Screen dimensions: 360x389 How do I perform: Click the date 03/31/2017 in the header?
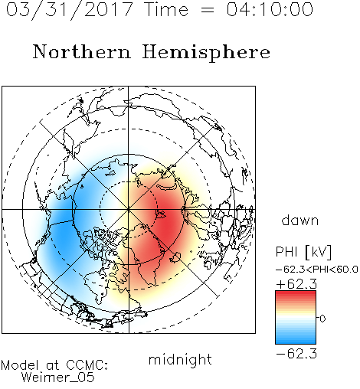click(x=69, y=9)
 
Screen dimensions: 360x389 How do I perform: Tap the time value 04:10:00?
click(x=270, y=9)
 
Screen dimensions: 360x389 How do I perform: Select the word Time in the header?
click(x=166, y=9)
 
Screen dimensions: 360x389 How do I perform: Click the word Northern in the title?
click(x=82, y=51)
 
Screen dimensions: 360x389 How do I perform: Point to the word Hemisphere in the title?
click(x=206, y=53)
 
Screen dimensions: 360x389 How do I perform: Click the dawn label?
click(x=300, y=220)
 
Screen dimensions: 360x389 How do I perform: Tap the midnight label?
click(x=180, y=359)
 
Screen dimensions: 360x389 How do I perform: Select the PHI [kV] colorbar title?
click(x=303, y=252)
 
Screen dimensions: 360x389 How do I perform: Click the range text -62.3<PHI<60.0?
click(x=317, y=270)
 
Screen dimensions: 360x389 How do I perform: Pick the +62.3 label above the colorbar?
click(x=296, y=284)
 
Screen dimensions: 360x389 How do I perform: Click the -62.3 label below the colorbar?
click(x=296, y=354)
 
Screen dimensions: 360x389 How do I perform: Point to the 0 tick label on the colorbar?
click(x=322, y=319)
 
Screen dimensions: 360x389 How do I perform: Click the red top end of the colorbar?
click(x=296, y=293)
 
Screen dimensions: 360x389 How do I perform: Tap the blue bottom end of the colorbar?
click(x=296, y=342)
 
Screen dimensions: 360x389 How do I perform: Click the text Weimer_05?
click(x=58, y=378)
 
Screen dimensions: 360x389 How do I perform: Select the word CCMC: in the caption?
click(x=87, y=365)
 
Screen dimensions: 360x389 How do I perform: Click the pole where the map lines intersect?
click(x=129, y=209)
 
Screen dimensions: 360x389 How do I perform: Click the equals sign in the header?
click(x=208, y=10)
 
